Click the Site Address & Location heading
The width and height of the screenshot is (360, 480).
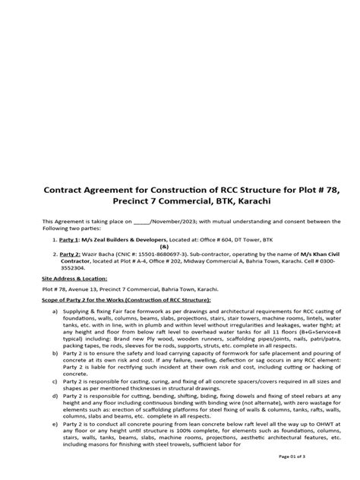74,279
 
